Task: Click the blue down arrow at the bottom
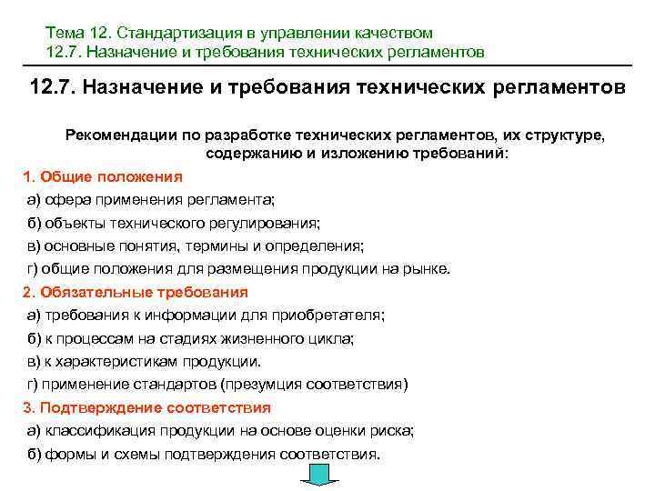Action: [x=320, y=476]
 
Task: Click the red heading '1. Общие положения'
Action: [x=102, y=175]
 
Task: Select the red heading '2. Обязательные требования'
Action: [x=135, y=292]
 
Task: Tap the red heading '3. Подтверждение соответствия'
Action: [x=146, y=407]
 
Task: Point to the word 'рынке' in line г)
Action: [x=428, y=268]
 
